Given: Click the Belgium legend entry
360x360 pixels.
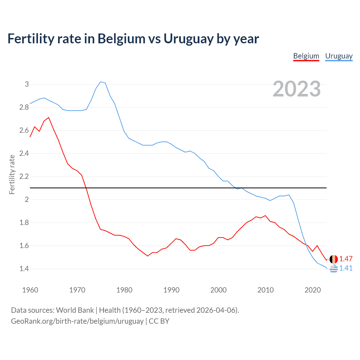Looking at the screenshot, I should click(306, 56).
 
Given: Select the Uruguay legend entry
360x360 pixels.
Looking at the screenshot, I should click(339, 56).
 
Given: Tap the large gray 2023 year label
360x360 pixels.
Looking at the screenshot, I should click(297, 89).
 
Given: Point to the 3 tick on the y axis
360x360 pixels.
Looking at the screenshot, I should click(27, 84).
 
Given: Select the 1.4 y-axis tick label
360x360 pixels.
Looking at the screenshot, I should click(24, 269).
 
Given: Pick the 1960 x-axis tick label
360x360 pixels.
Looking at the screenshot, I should click(30, 290).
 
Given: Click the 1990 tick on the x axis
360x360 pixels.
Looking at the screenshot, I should click(171, 290).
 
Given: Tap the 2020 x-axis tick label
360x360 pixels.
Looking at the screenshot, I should click(312, 290).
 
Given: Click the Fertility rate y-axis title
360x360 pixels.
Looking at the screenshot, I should click(12, 174).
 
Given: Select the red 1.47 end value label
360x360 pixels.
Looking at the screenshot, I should click(346, 259).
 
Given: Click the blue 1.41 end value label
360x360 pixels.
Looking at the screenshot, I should click(346, 268).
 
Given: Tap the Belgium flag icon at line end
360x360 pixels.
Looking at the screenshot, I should click(334, 259).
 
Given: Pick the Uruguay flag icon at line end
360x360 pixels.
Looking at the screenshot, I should click(334, 269).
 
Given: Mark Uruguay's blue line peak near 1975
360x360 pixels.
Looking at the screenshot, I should click(101, 82).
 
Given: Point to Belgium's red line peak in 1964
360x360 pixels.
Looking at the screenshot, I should click(49, 118).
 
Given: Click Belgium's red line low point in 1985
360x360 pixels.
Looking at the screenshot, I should click(148, 256).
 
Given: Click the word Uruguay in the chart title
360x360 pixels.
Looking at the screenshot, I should click(188, 39).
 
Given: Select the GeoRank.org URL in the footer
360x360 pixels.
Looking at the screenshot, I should click(77, 321).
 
